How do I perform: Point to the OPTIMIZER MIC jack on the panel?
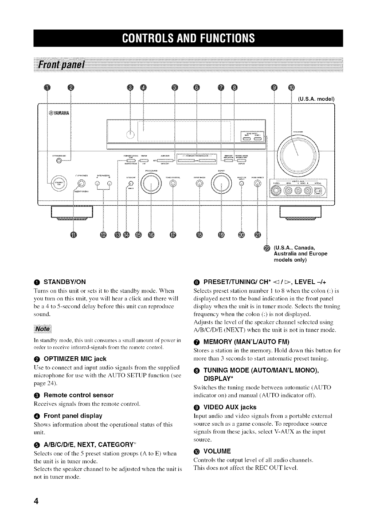(x=58, y=161)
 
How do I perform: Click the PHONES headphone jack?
(x=82, y=183)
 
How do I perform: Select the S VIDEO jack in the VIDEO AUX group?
(x=277, y=192)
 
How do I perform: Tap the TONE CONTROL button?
(x=173, y=183)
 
